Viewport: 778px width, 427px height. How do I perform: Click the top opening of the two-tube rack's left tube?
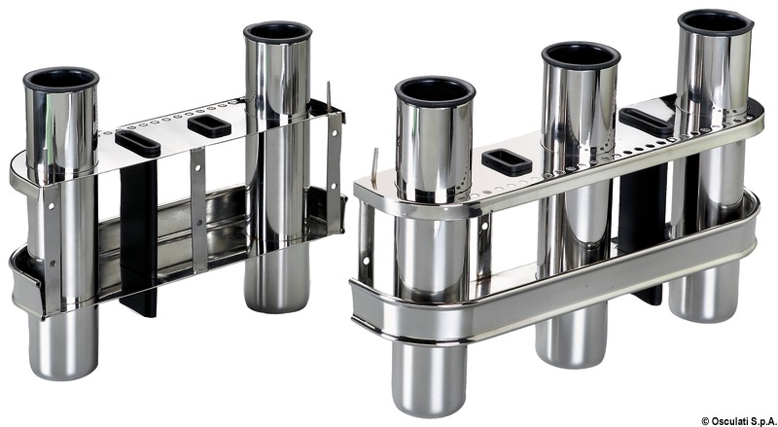[61, 79]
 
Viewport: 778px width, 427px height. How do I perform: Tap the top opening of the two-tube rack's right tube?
[278, 32]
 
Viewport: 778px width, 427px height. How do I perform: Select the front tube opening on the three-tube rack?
[435, 90]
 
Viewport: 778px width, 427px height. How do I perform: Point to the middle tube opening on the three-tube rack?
[581, 55]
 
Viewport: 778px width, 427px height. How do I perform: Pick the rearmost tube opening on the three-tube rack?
[716, 22]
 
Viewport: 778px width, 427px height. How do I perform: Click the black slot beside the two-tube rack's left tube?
[137, 144]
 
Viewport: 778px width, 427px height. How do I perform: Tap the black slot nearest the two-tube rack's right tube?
[209, 126]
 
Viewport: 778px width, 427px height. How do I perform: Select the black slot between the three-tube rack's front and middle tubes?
[507, 161]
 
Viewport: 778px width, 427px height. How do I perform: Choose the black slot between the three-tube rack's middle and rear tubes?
[646, 122]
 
